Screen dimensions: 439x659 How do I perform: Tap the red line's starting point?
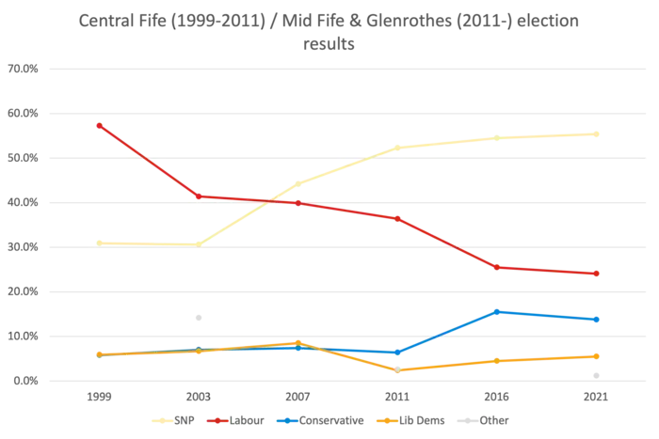(x=98, y=125)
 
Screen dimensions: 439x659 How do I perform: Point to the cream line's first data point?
(x=98, y=242)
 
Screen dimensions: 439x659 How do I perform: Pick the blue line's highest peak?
(x=497, y=310)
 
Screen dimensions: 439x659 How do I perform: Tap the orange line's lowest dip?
(x=397, y=369)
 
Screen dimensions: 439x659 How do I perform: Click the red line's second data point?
(x=198, y=196)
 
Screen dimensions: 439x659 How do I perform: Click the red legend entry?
(x=235, y=420)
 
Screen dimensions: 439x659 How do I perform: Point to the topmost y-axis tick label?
(x=23, y=69)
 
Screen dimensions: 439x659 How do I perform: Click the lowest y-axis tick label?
(x=23, y=382)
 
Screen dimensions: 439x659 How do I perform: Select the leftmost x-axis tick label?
(x=98, y=399)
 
